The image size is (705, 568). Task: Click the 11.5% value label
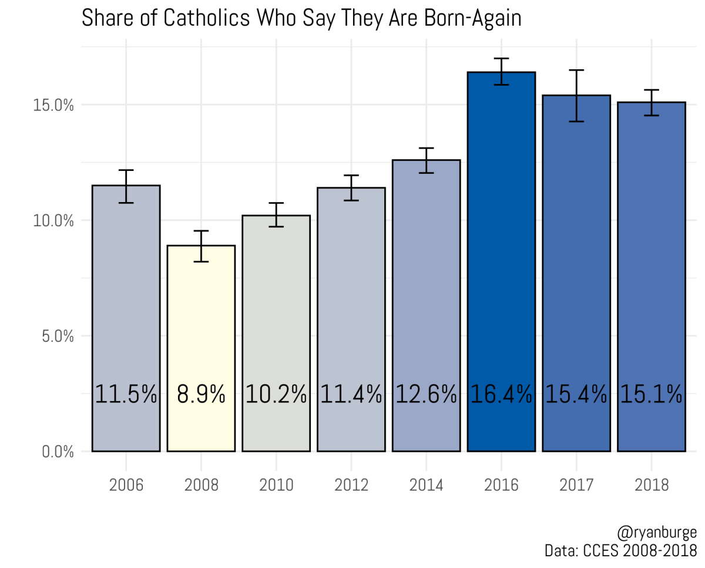coord(126,394)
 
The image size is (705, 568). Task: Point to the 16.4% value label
coord(501,394)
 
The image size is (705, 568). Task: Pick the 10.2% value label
coord(276,394)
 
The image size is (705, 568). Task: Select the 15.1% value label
coord(651,394)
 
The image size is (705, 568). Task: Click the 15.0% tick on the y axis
coord(55,105)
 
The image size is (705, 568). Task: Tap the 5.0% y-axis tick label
coord(58,337)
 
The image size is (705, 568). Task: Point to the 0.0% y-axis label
coord(58,452)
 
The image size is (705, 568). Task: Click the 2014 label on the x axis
coord(426,486)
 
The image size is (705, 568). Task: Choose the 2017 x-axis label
coord(576,486)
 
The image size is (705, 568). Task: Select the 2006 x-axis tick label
coord(126,486)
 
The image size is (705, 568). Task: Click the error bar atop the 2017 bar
coord(576,95)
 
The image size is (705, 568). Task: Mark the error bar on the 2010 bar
coord(276,214)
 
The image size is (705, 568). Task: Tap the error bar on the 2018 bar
coord(651,102)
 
